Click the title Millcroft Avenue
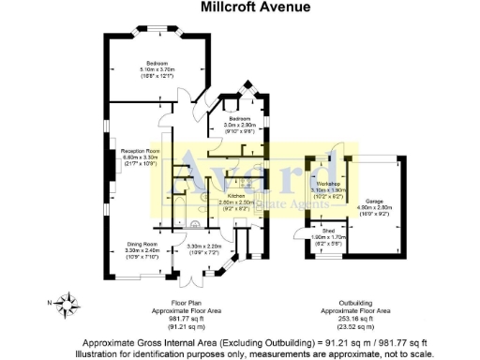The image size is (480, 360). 240,8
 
